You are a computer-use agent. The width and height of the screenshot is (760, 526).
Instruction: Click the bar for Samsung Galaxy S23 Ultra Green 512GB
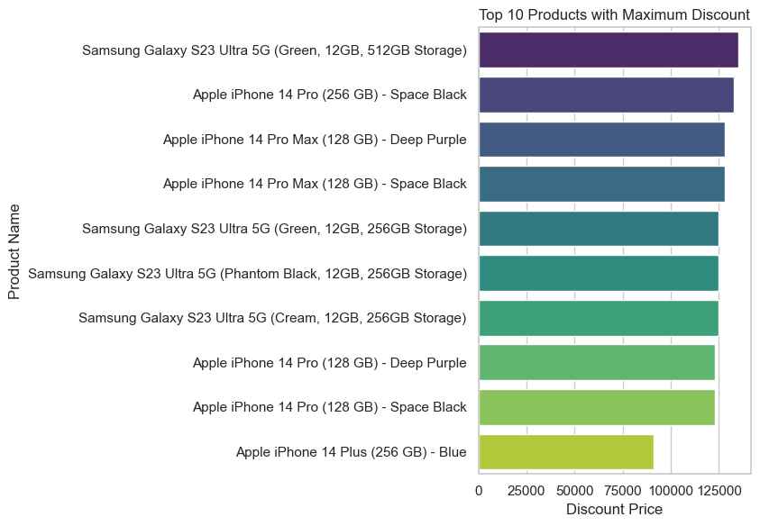[x=609, y=50]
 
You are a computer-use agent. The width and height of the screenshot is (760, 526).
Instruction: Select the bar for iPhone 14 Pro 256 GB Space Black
[x=606, y=95]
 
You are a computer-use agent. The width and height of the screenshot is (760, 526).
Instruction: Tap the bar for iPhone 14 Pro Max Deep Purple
[x=601, y=139]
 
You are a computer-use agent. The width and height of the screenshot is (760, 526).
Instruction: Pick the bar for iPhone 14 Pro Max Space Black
[x=601, y=184]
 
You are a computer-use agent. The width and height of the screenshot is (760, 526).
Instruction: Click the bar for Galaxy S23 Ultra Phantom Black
[x=599, y=273]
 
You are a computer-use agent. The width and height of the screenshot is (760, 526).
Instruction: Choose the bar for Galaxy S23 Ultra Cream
[x=599, y=318]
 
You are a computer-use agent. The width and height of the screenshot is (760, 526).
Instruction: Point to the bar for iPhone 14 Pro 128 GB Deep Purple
[x=597, y=362]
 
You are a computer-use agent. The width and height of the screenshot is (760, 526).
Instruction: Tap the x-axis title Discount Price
[x=615, y=510]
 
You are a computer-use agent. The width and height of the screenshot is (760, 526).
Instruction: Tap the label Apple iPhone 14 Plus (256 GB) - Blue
[x=351, y=451]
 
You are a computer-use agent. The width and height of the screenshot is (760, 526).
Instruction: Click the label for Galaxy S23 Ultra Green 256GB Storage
[x=274, y=229]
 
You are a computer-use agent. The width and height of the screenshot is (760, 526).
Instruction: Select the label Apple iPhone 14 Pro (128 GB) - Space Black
[x=329, y=407]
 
